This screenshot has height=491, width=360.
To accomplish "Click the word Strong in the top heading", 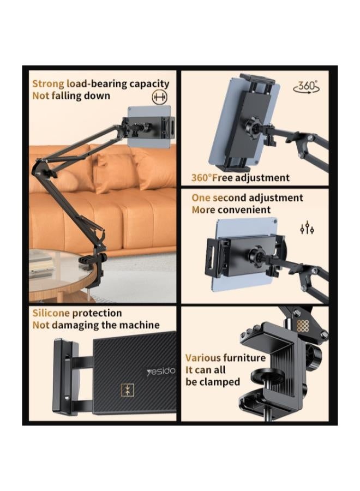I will coord(48,84).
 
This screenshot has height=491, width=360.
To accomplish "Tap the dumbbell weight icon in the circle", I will coord(159,97).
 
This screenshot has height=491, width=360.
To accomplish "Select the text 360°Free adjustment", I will coord(241,178).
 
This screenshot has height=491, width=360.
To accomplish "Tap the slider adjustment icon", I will coord(307,227).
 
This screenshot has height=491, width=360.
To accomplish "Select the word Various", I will coord(203,358).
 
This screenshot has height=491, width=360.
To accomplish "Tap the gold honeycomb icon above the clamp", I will coord(303,326).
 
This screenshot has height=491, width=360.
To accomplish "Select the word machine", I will coord(140,325).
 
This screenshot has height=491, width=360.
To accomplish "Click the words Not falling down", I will coord(71,96).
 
